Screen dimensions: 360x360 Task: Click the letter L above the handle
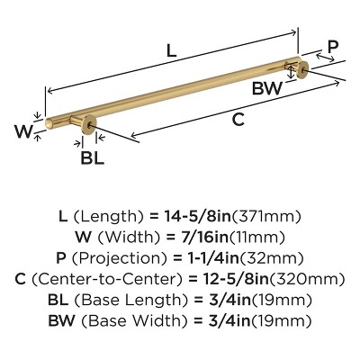(x=171, y=50)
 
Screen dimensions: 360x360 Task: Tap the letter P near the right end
(x=333, y=47)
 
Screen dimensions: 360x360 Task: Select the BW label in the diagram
(x=267, y=88)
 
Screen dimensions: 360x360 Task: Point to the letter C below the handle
(x=238, y=120)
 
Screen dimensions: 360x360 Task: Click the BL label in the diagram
(x=93, y=157)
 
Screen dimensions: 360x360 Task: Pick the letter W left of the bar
(x=24, y=131)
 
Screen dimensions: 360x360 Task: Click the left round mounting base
(x=89, y=124)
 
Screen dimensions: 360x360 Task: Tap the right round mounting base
(x=302, y=69)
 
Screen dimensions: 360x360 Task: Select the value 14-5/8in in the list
(x=198, y=217)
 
